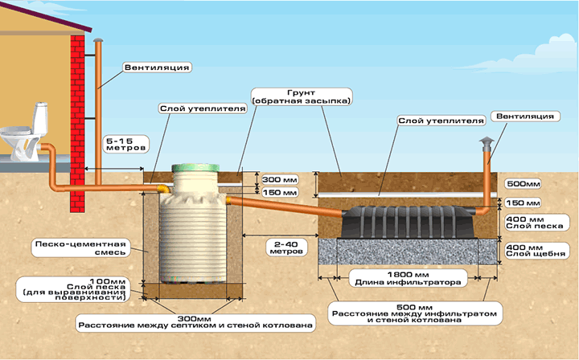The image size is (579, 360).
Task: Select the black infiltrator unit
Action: tap(407, 222)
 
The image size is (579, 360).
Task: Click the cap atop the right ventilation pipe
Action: tap(487, 141)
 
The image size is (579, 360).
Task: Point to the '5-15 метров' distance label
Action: tap(126, 144)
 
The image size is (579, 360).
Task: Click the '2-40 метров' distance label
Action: tap(286, 247)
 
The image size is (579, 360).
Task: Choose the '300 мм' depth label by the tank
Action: tap(280, 180)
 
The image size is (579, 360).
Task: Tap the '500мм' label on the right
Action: tap(523, 184)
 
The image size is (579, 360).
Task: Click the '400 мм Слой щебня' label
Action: tap(536, 251)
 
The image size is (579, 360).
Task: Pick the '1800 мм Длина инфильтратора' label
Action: tap(408, 278)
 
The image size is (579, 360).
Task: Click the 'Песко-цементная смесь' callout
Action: tap(80, 248)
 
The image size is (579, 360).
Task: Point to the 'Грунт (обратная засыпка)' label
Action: tap(301, 96)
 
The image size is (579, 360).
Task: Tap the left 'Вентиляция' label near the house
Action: tap(157, 67)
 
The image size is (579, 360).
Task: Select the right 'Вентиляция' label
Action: tap(525, 117)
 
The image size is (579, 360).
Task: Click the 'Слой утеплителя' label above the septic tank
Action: tap(203, 108)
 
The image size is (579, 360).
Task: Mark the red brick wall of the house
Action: tap(77, 124)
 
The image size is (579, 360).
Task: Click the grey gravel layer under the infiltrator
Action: tap(408, 252)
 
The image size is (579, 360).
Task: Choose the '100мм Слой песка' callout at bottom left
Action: tap(72, 289)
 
